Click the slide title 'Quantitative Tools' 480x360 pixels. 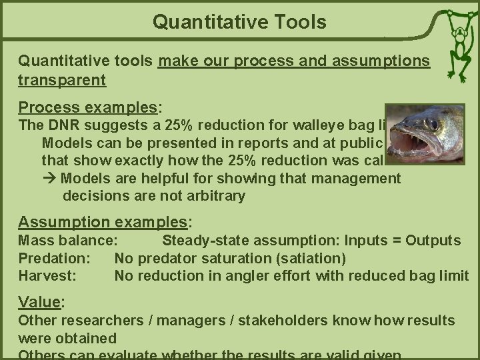[x=239, y=22]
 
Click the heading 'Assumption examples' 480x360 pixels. [x=103, y=222]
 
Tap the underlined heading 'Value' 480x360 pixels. [x=39, y=301]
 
